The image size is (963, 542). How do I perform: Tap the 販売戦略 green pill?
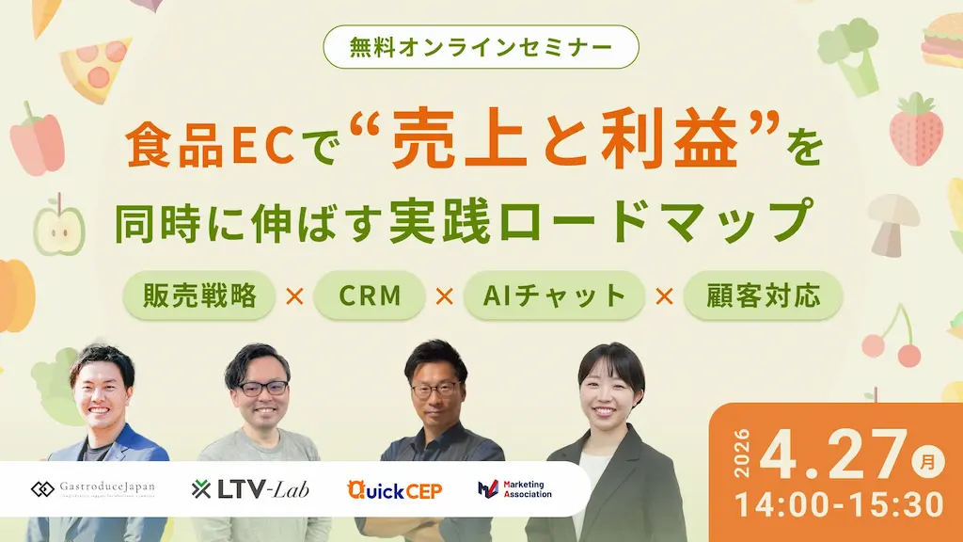click(x=199, y=296)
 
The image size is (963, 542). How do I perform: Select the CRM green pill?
click(x=371, y=296)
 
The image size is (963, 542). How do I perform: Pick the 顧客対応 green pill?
click(x=763, y=296)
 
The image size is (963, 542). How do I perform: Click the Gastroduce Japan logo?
click(x=93, y=488)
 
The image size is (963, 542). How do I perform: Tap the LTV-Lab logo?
click(x=250, y=488)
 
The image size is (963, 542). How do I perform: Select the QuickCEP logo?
click(x=394, y=488)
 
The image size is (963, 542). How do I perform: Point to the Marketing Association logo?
click(x=515, y=489)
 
